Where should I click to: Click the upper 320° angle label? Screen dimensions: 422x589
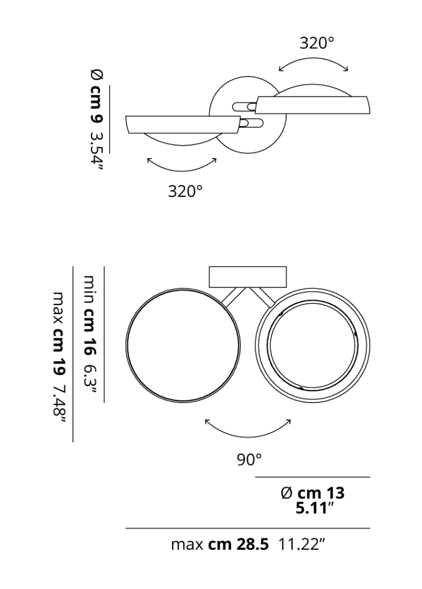(x=317, y=43)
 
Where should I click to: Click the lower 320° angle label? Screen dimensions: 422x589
(x=185, y=191)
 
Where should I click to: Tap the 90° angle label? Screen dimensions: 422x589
(x=249, y=459)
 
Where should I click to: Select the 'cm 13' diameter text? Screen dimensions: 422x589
(x=321, y=493)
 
